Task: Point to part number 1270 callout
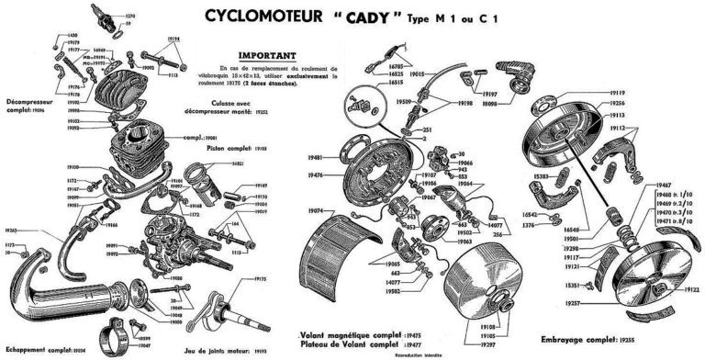click(x=130, y=16)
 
